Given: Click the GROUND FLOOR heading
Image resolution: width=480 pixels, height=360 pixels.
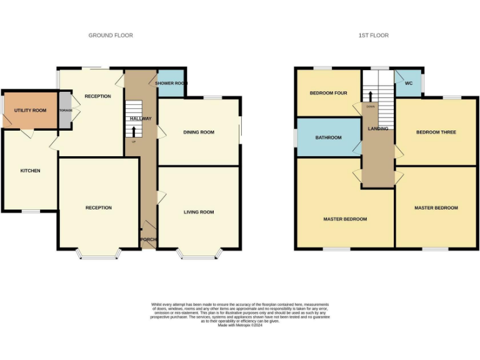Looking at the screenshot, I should [111, 36].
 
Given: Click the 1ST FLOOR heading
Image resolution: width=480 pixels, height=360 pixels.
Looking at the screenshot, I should [373, 36].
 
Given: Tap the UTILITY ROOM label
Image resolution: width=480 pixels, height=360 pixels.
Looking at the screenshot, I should [31, 111].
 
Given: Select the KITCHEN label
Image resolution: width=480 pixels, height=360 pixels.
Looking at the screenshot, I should [30, 171].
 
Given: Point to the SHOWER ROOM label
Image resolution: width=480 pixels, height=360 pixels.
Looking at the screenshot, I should [171, 84].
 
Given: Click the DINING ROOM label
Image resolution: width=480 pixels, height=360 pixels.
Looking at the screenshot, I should [199, 132].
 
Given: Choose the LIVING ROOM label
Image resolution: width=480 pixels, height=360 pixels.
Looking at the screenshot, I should [199, 212].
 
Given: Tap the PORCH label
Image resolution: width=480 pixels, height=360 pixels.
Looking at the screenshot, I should [148, 239].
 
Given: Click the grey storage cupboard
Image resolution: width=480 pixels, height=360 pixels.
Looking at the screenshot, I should [66, 111].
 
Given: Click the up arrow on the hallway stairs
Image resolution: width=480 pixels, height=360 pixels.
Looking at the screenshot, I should [133, 131].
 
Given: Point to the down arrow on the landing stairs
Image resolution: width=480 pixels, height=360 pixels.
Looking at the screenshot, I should [371, 96].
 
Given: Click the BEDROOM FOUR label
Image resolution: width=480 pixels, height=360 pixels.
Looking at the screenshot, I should [328, 94].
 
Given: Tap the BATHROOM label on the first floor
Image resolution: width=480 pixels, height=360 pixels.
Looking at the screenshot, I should [328, 137].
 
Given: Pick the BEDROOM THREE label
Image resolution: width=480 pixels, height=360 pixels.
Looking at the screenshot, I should [436, 132].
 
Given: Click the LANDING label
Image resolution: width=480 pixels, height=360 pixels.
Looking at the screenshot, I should [378, 129].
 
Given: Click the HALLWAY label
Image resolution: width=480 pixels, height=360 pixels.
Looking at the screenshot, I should [141, 118].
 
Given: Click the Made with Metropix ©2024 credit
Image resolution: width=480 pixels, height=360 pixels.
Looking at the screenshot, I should [240, 325].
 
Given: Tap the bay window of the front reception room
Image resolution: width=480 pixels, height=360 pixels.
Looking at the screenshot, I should [98, 254].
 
